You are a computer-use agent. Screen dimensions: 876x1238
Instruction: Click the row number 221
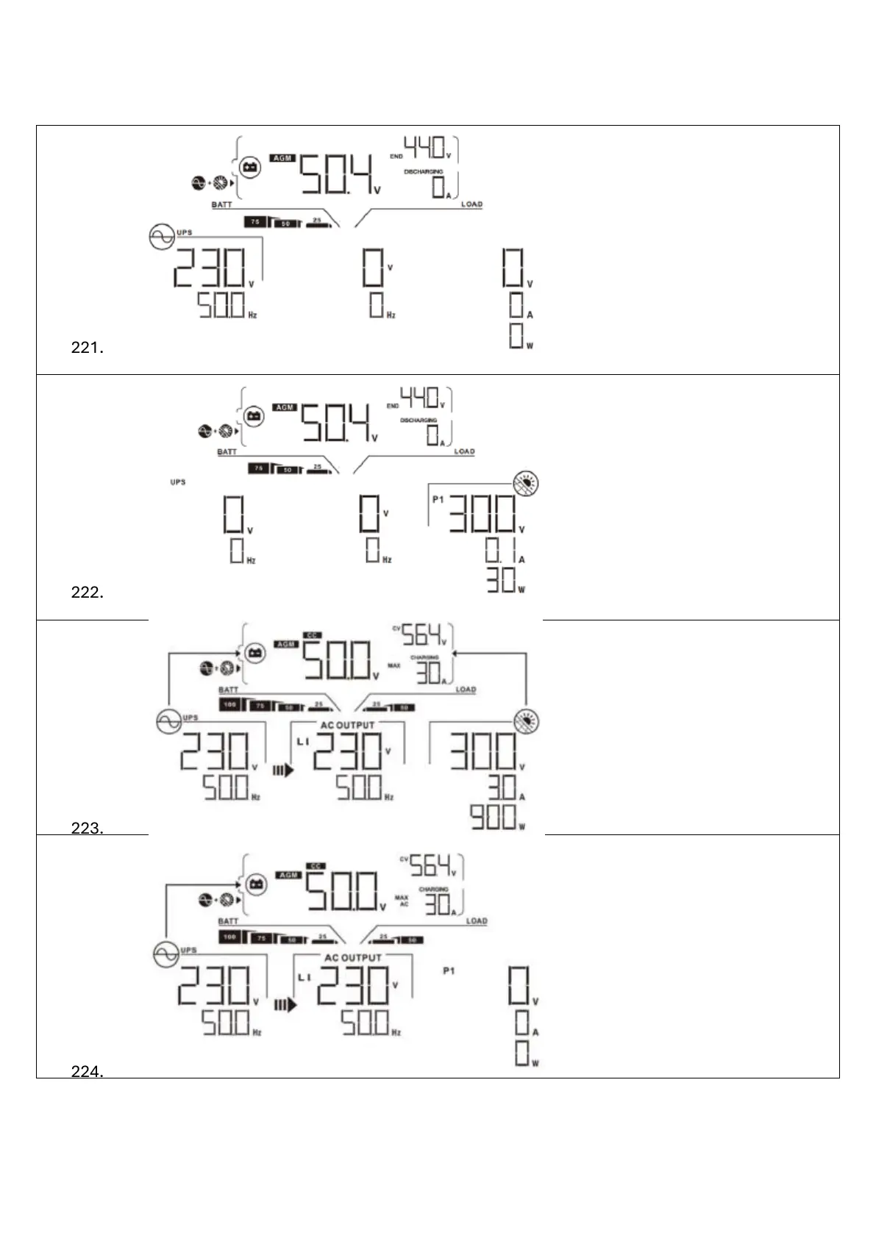(x=87, y=348)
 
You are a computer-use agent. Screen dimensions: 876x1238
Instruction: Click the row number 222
(x=87, y=593)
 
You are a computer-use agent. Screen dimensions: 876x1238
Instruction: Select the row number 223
(x=87, y=829)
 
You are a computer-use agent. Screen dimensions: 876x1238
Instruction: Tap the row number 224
(x=87, y=1072)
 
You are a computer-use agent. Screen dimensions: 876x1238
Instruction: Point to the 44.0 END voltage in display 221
(x=428, y=148)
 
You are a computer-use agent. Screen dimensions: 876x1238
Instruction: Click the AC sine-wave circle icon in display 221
(x=162, y=237)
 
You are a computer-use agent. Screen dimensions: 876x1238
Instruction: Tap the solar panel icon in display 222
(x=526, y=483)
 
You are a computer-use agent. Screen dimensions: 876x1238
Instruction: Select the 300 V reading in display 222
(x=483, y=513)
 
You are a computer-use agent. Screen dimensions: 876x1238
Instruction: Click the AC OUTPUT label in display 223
(x=347, y=726)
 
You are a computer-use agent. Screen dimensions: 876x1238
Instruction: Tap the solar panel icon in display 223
(x=526, y=721)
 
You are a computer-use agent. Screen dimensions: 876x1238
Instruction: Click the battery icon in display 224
(x=256, y=884)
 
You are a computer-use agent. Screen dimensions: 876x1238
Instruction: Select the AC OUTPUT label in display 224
(x=353, y=958)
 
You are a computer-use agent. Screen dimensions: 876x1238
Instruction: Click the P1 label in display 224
(x=449, y=971)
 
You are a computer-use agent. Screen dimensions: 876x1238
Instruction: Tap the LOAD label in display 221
(x=471, y=204)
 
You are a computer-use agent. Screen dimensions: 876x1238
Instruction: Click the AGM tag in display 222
(x=285, y=407)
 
